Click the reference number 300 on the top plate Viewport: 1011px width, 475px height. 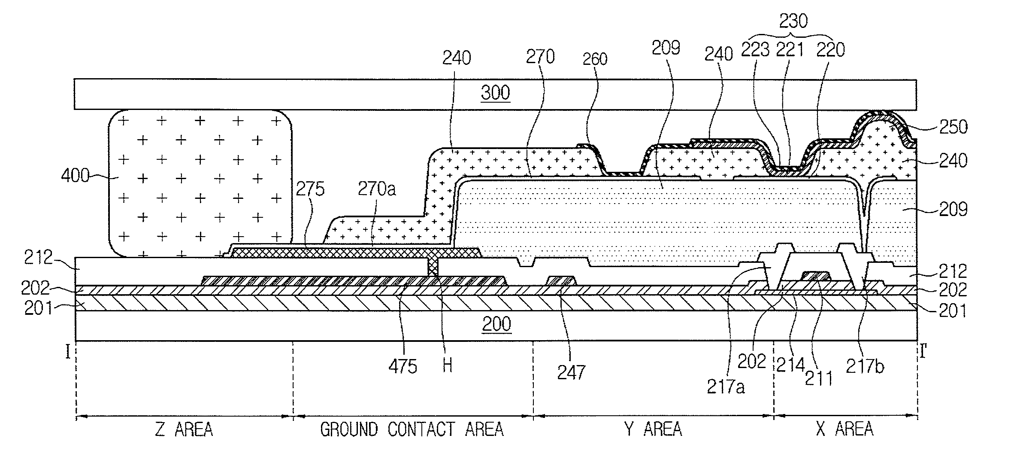[x=495, y=93]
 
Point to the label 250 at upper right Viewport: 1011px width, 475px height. [x=953, y=127]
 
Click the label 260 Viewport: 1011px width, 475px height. [x=595, y=59]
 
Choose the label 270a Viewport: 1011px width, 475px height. [x=376, y=189]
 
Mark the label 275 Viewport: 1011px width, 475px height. [x=310, y=189]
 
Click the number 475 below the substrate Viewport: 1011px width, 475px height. [x=403, y=366]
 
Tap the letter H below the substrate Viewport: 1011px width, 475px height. [x=447, y=366]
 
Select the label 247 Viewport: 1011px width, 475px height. [x=571, y=372]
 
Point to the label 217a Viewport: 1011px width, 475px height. [x=726, y=387]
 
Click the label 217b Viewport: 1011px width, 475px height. [x=865, y=366]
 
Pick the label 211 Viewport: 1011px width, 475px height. [x=819, y=378]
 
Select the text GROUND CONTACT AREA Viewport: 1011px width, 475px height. [x=412, y=429]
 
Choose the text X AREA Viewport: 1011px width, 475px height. [x=845, y=429]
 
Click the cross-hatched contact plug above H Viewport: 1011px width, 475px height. [x=433, y=268]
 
